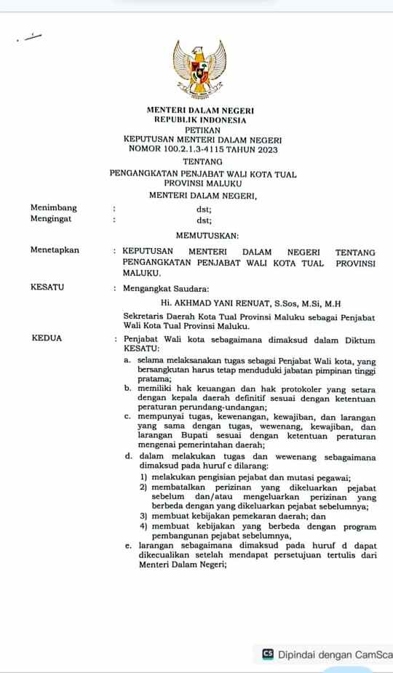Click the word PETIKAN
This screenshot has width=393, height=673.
[x=202, y=130]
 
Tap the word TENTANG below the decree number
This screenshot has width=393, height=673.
[x=202, y=162]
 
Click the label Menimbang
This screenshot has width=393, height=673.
[x=53, y=208]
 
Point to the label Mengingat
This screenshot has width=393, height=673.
[x=51, y=219]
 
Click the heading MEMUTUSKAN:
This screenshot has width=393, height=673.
[x=207, y=236]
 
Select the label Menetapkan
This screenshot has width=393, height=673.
[x=55, y=250]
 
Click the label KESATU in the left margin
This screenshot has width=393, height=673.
[x=47, y=287]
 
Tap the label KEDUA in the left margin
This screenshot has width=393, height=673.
[x=47, y=338]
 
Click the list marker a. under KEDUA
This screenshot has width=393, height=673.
[x=127, y=361]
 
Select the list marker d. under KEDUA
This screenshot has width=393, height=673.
[x=128, y=458]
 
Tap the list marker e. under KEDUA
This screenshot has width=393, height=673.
[x=128, y=545]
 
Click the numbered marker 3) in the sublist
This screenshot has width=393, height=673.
[x=144, y=516]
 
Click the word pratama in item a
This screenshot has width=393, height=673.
[x=154, y=378]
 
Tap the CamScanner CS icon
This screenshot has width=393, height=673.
[x=268, y=654]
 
